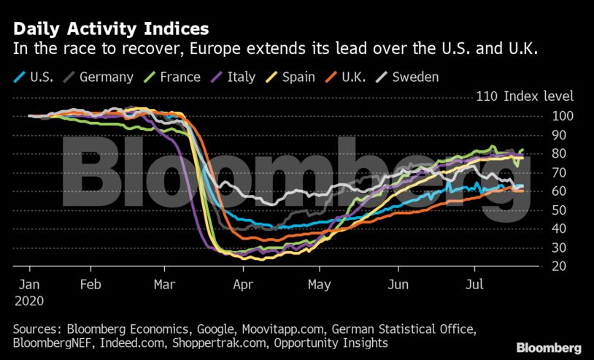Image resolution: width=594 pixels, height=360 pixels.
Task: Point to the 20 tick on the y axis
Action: [560, 267]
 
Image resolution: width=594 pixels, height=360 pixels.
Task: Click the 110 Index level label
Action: [525, 96]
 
